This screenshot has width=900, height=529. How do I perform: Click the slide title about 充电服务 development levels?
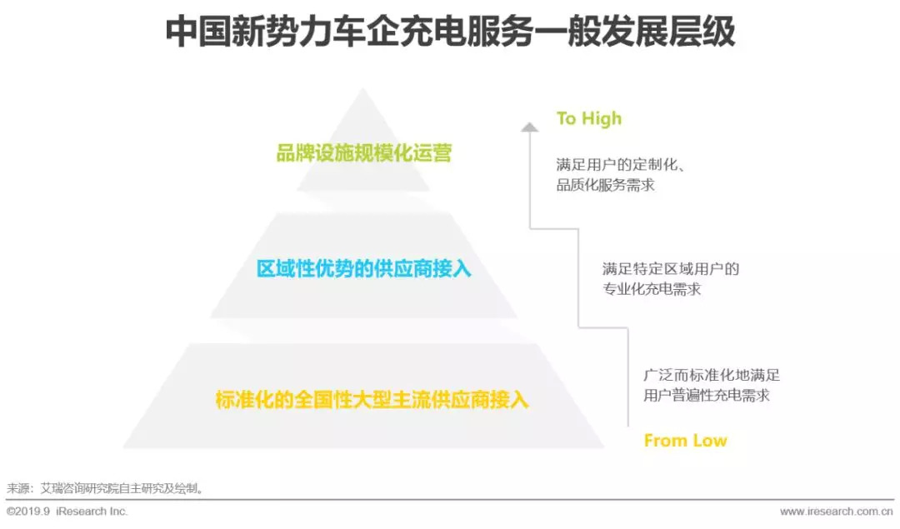click(450, 32)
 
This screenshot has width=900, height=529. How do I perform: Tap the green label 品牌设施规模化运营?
click(363, 154)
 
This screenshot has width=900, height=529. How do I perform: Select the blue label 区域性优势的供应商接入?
click(363, 269)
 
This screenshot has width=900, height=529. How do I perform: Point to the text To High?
click(589, 119)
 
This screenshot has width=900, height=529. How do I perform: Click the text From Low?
click(685, 441)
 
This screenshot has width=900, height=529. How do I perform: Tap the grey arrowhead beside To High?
click(529, 127)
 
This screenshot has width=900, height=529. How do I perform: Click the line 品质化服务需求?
click(606, 185)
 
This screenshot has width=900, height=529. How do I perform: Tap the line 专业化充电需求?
click(652, 289)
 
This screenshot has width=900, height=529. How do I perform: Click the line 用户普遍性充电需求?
click(707, 396)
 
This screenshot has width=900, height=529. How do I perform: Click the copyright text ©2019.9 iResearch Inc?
click(67, 511)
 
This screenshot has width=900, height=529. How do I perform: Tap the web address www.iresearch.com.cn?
click(836, 511)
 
